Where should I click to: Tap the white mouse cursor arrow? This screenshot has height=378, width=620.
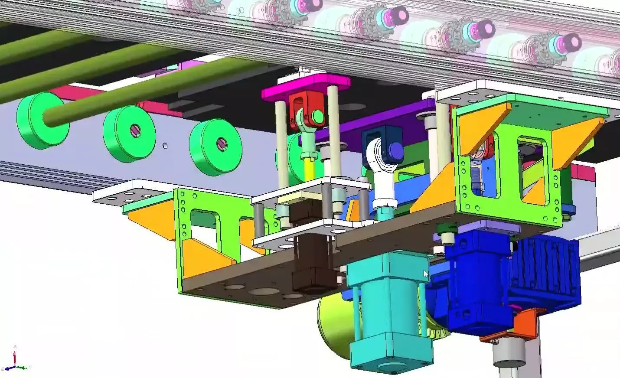point(425,274)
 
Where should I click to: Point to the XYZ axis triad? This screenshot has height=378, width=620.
point(15,362)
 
